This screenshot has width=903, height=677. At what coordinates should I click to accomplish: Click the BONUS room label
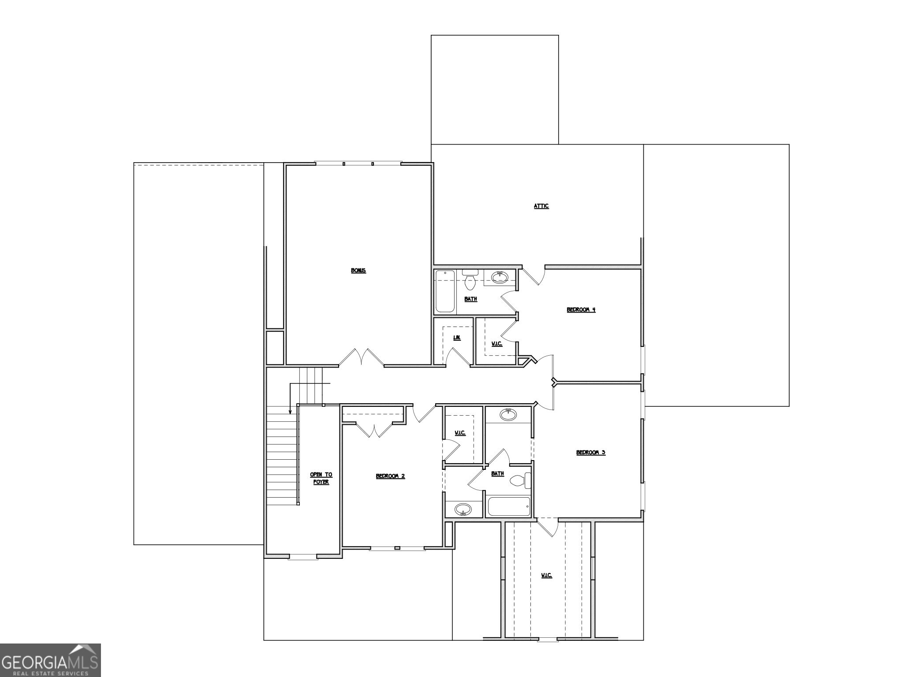[358, 271]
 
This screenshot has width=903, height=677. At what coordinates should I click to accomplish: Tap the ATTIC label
[541, 206]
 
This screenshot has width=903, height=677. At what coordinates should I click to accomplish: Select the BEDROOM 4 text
[581, 310]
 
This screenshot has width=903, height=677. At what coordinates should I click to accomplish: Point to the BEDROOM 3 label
[590, 453]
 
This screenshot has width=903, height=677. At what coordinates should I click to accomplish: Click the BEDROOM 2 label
[390, 476]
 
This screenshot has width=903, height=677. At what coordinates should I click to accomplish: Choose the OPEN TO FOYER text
[321, 478]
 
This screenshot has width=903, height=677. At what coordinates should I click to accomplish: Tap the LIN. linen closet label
[457, 338]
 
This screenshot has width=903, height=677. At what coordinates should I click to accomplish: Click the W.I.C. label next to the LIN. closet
[496, 344]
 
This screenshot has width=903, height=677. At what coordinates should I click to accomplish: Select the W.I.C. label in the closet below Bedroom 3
[546, 576]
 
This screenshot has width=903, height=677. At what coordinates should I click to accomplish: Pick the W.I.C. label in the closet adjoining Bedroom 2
[460, 433]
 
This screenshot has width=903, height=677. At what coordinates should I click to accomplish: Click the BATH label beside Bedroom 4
[470, 299]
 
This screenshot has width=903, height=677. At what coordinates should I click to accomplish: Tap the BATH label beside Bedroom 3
[497, 474]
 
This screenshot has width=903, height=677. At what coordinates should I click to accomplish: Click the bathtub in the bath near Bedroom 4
[445, 291]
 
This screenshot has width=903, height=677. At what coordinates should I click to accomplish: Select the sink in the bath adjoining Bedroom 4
[500, 277]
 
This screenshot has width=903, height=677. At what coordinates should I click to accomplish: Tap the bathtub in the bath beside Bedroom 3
[509, 506]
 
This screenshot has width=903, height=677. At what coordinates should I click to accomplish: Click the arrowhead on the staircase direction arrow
[290, 412]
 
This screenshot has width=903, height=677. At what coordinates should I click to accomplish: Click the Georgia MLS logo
[50, 660]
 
